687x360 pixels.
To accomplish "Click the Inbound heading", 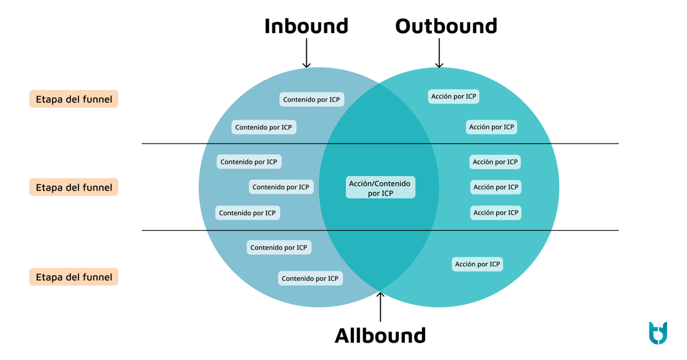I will [x=306, y=26].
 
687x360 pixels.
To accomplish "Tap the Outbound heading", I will [x=446, y=26].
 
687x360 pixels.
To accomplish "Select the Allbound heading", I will [x=380, y=335].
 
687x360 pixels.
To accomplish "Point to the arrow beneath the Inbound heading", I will [x=306, y=53].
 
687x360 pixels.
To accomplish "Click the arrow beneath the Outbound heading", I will [x=439, y=53].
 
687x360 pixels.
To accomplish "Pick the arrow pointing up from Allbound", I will [x=380, y=307].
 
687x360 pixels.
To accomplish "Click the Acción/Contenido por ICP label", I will [x=380, y=188].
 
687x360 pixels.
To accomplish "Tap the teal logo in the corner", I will [x=658, y=332].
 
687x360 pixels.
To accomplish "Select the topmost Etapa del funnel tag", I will [x=74, y=99].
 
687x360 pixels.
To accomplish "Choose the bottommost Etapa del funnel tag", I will [x=74, y=277].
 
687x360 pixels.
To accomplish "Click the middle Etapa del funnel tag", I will [x=74, y=188].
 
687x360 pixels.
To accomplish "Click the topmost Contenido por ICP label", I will [x=312, y=99].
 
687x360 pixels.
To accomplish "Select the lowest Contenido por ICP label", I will [x=310, y=278].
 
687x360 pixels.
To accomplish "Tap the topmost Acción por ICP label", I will [x=453, y=96].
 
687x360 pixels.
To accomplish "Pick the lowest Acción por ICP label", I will [x=477, y=264].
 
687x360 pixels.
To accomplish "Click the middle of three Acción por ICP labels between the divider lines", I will [x=496, y=187].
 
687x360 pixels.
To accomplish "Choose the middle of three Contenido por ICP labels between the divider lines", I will [x=281, y=187].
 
